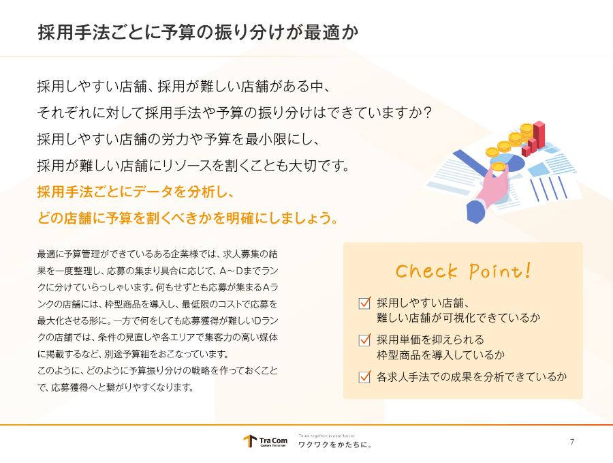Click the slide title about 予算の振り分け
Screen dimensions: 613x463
tap(198, 32)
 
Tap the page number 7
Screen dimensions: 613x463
tap(572, 442)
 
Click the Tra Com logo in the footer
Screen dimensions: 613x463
tap(265, 441)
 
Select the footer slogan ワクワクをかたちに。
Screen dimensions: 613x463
tap(335, 445)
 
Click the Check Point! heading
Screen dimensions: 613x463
tap(463, 271)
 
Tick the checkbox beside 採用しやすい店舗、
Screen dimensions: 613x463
tap(364, 303)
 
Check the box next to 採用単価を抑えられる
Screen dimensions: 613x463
tap(364, 340)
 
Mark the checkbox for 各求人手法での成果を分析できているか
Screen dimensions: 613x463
tap(364, 376)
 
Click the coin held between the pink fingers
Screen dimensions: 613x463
tap(499, 167)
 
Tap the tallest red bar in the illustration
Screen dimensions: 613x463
tap(539, 134)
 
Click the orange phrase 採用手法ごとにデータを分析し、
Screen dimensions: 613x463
tap(136, 192)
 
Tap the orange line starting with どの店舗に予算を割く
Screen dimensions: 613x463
tap(188, 218)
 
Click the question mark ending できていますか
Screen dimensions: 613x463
tap(427, 113)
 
